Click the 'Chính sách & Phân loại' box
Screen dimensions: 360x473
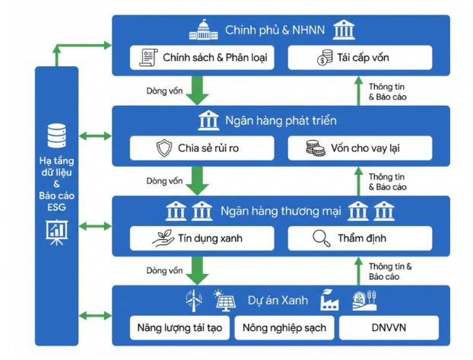(x=201, y=57)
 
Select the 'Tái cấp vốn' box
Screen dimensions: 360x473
(x=360, y=57)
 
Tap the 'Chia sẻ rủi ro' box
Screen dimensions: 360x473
(x=201, y=148)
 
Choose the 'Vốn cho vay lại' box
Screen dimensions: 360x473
(x=360, y=148)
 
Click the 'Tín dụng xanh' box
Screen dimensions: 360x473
(x=201, y=238)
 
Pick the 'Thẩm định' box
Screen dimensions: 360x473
(x=360, y=238)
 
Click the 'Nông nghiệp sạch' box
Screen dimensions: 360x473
(x=284, y=328)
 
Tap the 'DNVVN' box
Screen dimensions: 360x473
(x=389, y=328)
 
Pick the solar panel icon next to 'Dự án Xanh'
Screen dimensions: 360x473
(x=224, y=300)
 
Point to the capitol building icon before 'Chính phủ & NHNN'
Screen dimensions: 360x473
(x=205, y=30)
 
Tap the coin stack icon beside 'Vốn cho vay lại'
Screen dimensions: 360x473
(x=314, y=148)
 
